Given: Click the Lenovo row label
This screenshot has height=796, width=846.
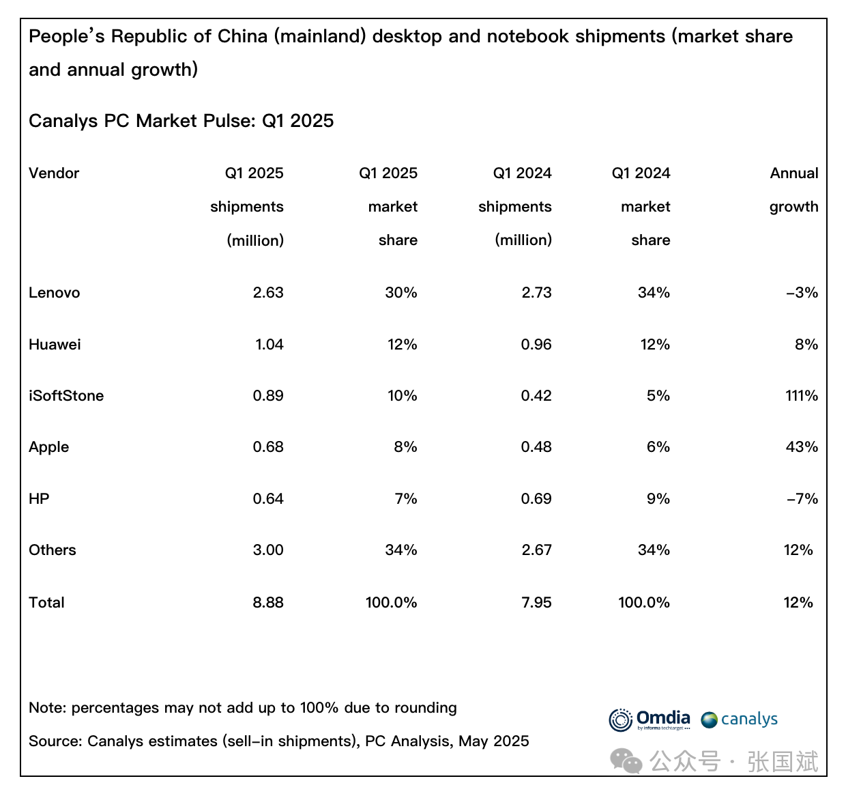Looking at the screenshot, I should point(55,293).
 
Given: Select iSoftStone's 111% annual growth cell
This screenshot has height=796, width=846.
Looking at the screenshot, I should point(802,396).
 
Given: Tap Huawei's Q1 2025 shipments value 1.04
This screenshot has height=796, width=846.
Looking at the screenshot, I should point(269,345).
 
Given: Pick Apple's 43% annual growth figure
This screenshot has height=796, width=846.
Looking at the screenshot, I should point(802,447).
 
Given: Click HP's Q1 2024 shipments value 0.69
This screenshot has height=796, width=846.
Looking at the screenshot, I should point(536,499).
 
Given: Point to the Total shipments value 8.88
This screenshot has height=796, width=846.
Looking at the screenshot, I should point(268,603).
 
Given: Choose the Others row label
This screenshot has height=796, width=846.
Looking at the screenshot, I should point(53,550).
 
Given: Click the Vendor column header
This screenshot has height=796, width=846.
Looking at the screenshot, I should point(54,173).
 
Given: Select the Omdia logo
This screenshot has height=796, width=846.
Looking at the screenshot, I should point(650,720).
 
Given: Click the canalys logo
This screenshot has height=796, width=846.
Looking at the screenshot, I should point(740,720).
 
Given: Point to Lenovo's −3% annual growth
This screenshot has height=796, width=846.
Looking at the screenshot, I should point(802,293).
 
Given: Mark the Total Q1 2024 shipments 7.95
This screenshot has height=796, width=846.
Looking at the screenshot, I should point(536,603).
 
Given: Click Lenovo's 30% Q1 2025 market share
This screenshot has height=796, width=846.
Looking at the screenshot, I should point(401,293).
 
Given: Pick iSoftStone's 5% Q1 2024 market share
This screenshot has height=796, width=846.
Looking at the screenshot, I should point(658,396).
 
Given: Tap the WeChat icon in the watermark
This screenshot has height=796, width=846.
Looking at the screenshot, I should point(626,761).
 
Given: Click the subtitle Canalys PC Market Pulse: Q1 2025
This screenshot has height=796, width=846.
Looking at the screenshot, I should point(181,121).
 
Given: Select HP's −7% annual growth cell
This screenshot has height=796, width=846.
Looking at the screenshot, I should point(802,499).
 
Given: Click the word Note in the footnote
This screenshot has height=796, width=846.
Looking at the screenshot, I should point(46,708).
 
